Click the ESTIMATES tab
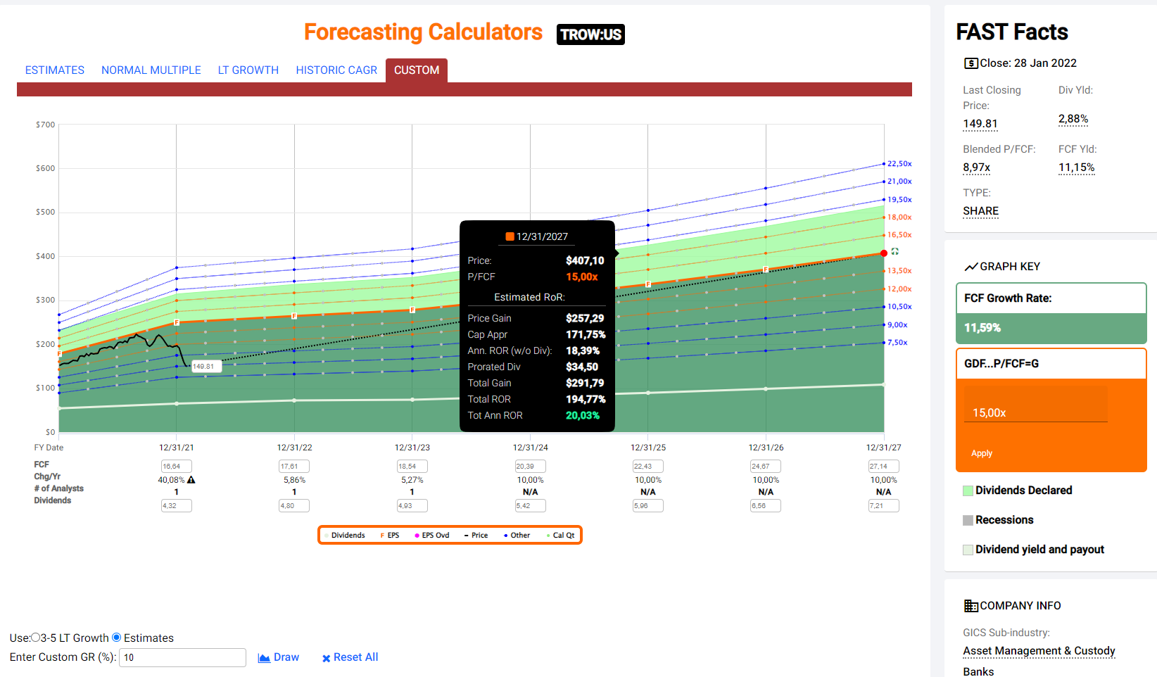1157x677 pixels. pos(55,70)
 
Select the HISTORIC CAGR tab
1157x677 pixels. pos(336,70)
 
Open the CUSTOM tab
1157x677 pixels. pos(417,70)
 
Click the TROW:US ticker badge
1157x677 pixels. pos(590,34)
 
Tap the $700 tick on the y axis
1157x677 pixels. pos(46,125)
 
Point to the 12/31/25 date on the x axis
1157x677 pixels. pos(648,448)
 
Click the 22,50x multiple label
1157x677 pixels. pos(899,164)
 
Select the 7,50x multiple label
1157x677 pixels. pos(897,343)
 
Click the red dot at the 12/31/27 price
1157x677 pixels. pos(884,253)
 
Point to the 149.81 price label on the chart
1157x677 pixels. pos(204,366)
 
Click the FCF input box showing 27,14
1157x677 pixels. pos(883,467)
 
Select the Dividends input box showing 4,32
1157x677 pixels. pos(176,505)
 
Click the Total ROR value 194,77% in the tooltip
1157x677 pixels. pos(586,399)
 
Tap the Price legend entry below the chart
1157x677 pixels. pos(476,536)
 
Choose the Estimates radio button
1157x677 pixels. pos(117,638)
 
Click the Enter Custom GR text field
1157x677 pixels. pos(182,657)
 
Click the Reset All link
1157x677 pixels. pos(350,657)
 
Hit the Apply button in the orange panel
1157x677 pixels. pos(982,453)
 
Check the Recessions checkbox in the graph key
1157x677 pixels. pos(968,520)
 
